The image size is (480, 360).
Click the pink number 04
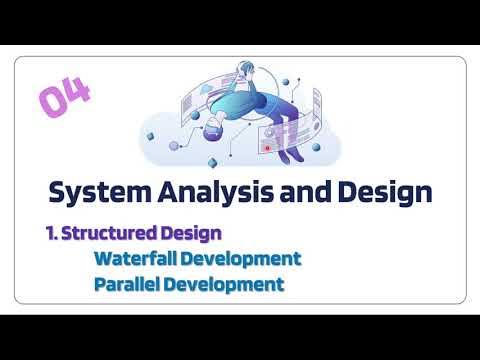[65, 98]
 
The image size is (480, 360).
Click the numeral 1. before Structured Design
[52, 233]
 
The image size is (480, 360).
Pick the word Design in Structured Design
[191, 233]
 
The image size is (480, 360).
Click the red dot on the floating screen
[267, 148]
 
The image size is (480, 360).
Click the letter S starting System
[58, 192]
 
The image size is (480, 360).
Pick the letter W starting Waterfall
[104, 259]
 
